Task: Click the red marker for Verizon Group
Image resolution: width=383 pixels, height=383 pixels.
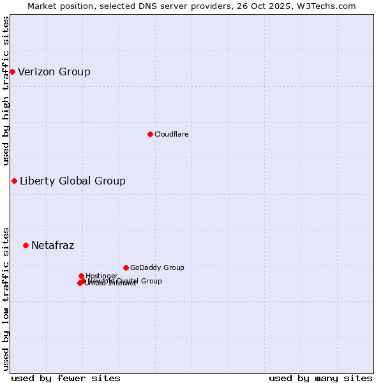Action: click(12, 71)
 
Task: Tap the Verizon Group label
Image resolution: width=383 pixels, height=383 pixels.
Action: click(54, 71)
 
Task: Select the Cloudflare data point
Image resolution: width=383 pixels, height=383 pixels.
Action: click(150, 134)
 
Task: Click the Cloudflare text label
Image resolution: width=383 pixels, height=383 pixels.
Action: click(171, 134)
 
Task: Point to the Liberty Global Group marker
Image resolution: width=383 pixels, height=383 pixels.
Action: click(14, 181)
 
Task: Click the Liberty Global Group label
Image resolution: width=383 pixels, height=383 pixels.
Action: click(73, 181)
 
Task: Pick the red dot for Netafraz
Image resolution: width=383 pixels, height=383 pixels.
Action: click(26, 245)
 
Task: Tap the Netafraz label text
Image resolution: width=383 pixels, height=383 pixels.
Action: click(52, 245)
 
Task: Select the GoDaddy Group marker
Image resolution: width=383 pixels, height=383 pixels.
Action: click(126, 267)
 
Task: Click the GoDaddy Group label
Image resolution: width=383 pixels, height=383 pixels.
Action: click(157, 267)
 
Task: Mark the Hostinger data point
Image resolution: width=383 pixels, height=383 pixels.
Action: click(81, 276)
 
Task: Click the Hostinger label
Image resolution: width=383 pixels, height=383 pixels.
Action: click(101, 276)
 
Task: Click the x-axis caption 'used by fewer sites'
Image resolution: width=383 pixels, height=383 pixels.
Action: click(66, 378)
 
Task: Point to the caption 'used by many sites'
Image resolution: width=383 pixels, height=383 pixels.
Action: click(320, 378)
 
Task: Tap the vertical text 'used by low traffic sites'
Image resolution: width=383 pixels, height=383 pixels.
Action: click(6, 298)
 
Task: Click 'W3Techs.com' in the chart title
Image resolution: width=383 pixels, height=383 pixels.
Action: click(329, 6)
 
